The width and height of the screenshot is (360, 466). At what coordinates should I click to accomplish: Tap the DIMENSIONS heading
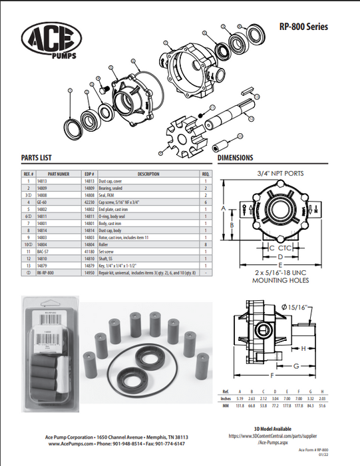(236, 158)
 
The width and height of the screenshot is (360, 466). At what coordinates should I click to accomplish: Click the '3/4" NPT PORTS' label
(280, 173)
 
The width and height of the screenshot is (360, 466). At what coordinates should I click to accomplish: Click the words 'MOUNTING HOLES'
(281, 280)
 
